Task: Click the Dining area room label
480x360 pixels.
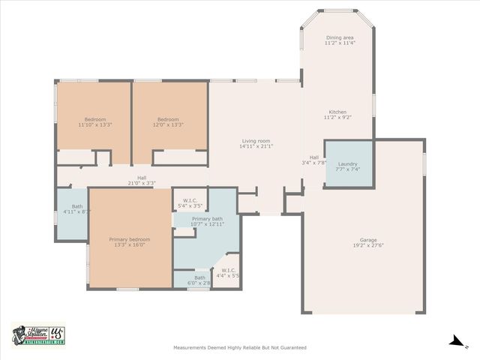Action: pos(340,37)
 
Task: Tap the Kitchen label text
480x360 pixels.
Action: pos(337,112)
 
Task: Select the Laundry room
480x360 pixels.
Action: pos(348,163)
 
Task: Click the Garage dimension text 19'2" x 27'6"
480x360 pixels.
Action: pos(368,245)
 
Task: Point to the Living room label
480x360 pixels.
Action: pos(256,140)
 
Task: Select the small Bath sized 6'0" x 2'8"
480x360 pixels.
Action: pos(193,280)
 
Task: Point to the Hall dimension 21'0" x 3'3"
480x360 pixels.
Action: pos(142,183)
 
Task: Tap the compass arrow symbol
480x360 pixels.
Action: pos(455,341)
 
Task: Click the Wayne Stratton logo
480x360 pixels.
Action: pos(37,336)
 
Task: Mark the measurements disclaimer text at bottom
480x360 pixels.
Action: pos(239,348)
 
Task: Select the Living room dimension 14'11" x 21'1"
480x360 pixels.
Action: pos(256,146)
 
